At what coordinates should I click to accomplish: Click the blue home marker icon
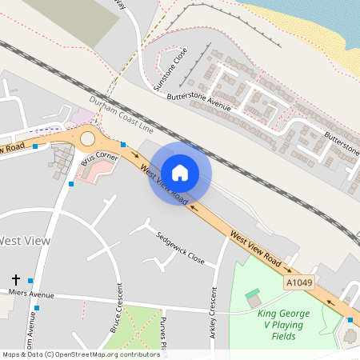point(180,172)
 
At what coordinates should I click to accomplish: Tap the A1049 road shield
point(298,283)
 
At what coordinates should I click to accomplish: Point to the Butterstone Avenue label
point(199,101)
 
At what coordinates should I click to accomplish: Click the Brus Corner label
point(100,158)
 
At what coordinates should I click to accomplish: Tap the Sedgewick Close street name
point(181,250)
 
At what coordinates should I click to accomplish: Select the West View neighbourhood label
point(24,240)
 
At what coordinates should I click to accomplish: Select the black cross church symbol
point(16,279)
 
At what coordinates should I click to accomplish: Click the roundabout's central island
point(86,138)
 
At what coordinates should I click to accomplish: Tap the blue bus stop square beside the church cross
point(30,280)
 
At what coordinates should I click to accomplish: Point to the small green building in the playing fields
point(253,294)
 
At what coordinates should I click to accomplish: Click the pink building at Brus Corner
point(96,170)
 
